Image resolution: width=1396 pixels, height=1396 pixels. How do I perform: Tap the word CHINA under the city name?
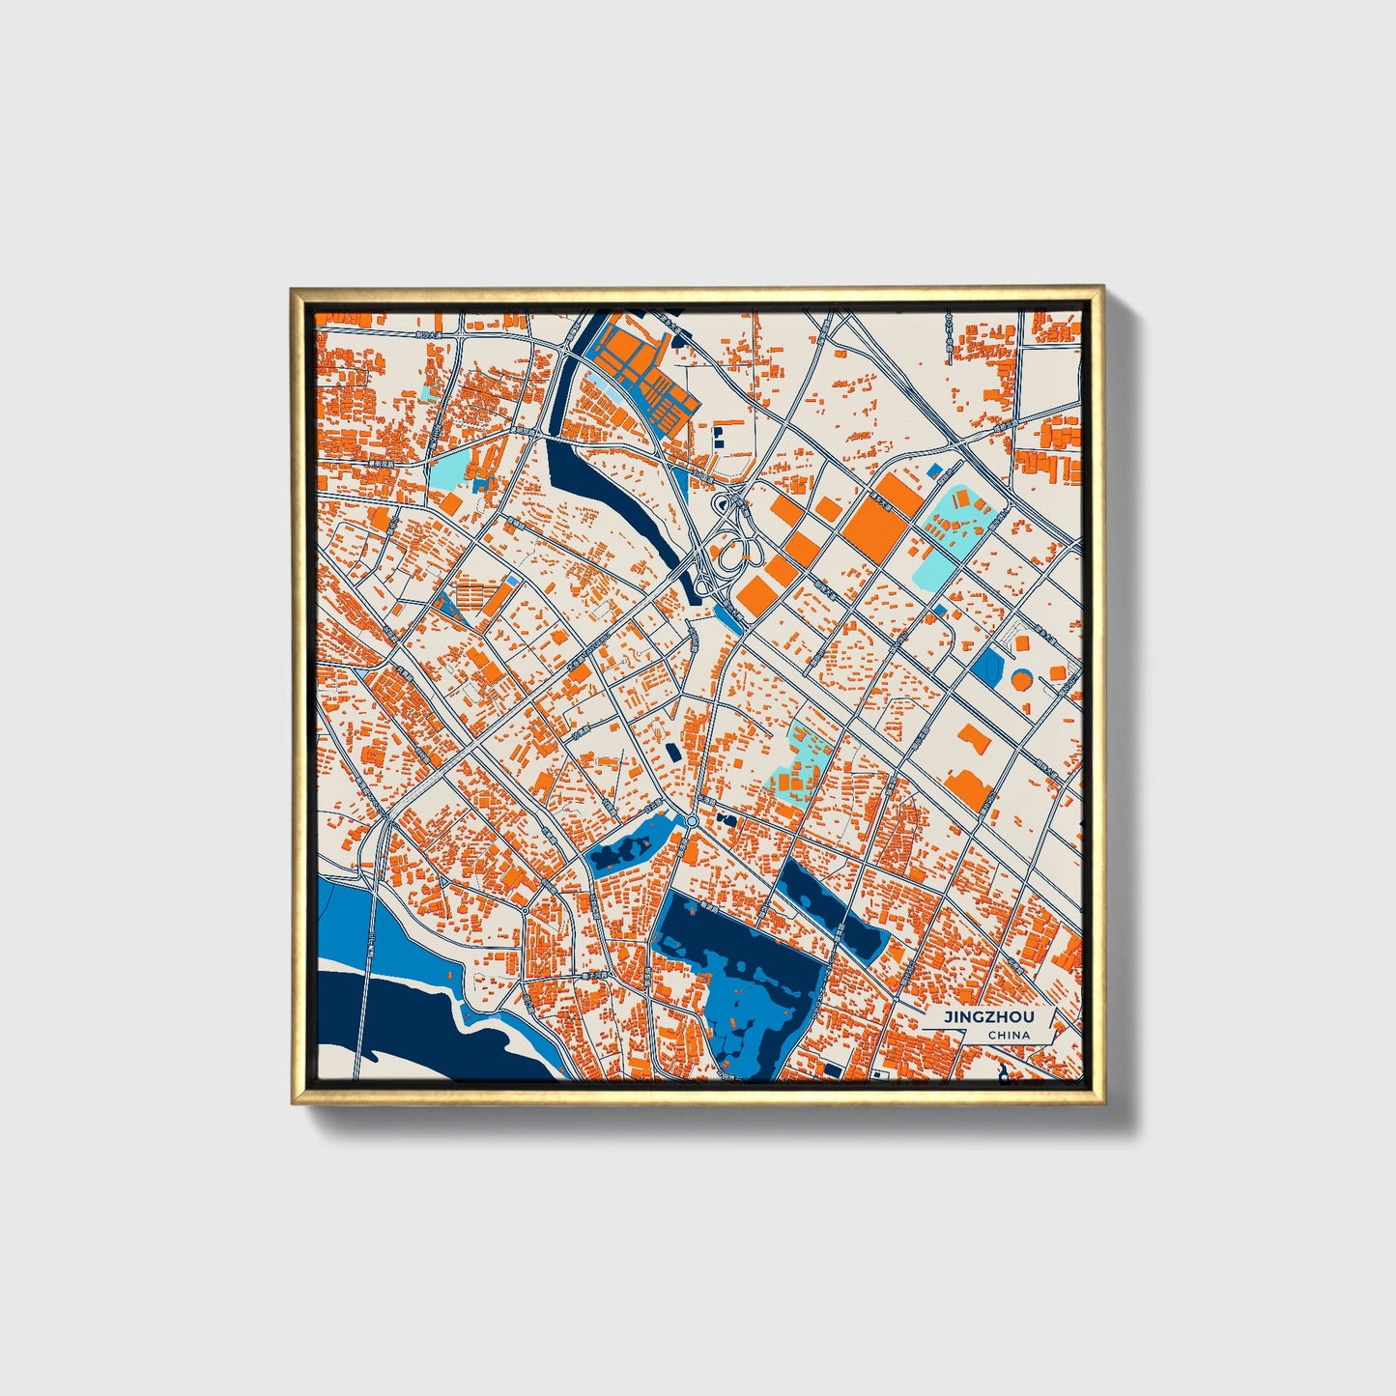pos(1008,1036)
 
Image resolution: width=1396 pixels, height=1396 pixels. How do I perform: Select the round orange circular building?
pos(1021,679)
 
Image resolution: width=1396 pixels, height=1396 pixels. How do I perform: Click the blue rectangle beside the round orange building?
pos(989,664)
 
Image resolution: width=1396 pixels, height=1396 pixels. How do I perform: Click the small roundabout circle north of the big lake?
pos(692,821)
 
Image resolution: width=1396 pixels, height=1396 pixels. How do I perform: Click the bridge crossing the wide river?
pos(368,966)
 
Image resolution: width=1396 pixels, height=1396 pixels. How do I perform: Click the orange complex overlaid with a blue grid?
pos(641,372)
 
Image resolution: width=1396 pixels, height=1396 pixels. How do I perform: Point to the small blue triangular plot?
pos(445,607)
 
